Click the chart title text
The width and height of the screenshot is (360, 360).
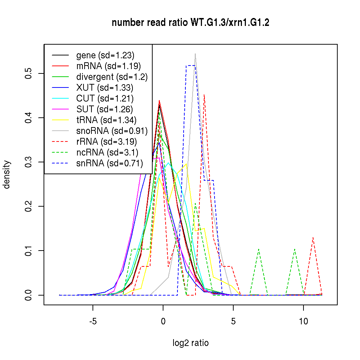[190, 23]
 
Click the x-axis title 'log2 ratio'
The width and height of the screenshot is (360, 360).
[190, 343]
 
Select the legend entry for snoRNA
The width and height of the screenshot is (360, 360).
[112, 131]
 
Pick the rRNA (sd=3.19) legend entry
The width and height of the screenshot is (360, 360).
[107, 142]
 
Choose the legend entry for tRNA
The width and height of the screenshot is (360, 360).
[106, 120]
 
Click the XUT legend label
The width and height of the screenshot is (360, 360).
[105, 88]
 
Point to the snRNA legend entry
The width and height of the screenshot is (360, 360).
[109, 163]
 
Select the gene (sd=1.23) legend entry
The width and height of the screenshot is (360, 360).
[105, 55]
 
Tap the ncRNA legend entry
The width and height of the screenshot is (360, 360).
[107, 153]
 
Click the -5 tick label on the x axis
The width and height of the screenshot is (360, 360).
[93, 321]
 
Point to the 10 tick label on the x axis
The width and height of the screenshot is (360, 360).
[303, 321]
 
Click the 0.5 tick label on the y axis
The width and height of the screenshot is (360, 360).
[28, 73]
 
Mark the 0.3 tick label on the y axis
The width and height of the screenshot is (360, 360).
[28, 162]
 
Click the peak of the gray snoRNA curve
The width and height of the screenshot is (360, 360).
[195, 54]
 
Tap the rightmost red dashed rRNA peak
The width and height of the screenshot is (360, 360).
[313, 238]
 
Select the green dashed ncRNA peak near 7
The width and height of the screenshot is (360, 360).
[259, 249]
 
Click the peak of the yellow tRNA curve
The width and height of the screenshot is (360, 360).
[186, 164]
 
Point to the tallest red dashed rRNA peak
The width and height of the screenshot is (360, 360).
[204, 95]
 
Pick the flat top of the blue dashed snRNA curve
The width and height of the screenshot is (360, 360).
[190, 66]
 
